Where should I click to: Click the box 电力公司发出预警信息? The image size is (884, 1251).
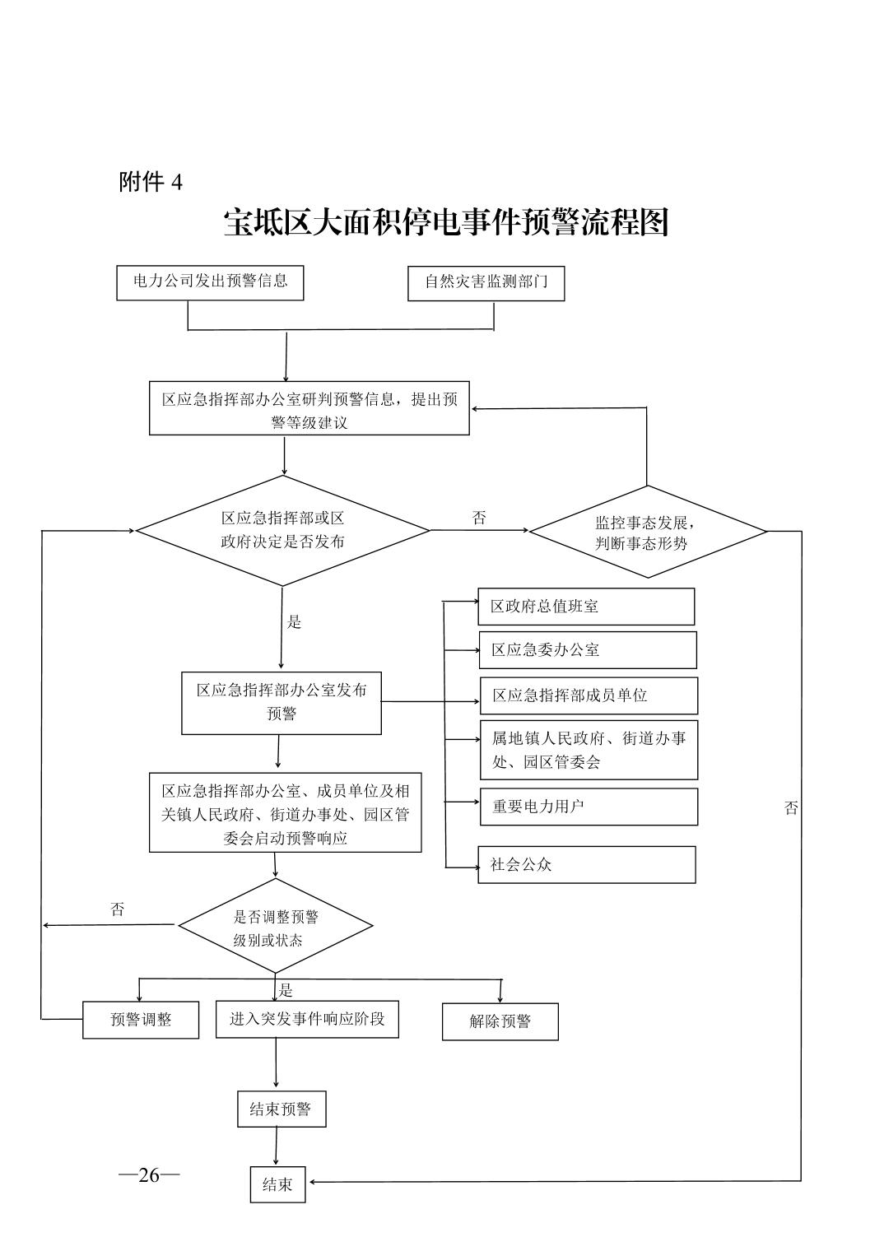210,281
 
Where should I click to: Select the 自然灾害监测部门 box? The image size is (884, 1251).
486,282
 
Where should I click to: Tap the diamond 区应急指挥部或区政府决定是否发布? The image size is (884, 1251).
282,530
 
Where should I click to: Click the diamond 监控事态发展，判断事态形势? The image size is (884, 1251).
647,532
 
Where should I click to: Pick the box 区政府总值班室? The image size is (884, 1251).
586,607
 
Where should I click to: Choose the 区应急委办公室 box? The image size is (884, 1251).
588,650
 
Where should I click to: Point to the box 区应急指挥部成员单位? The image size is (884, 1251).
589,695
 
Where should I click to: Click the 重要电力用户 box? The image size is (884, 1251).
589,807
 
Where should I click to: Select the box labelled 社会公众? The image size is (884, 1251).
586,865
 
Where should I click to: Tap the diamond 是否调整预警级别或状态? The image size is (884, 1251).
275,927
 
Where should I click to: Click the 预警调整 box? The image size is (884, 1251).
141,1020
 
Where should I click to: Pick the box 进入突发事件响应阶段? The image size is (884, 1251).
307,1019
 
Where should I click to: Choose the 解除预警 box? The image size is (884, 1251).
500,1021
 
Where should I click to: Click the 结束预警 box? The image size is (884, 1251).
281,1109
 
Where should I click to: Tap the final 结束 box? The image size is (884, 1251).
277,1184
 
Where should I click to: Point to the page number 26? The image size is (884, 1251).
149,1174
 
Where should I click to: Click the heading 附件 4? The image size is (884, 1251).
151,182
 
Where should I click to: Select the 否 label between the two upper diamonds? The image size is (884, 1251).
479,518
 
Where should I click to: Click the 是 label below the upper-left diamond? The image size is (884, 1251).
294,622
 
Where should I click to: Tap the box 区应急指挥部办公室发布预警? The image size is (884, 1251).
281,702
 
